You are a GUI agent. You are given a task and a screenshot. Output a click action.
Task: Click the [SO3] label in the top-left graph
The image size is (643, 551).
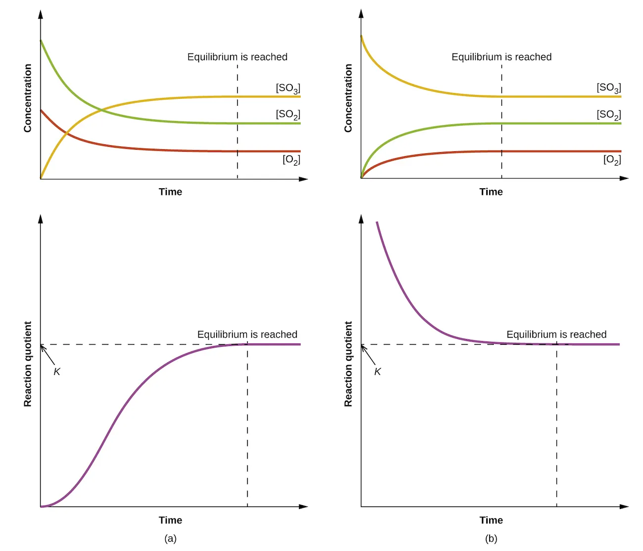point(288,88)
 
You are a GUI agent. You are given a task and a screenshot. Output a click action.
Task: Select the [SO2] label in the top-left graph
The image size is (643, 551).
point(288,115)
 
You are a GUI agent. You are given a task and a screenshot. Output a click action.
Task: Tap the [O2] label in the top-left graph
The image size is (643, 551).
point(291,160)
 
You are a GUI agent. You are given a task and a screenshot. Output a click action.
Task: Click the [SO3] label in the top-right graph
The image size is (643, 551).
point(608,88)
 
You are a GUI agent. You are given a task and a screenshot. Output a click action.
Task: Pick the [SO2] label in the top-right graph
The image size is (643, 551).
point(608,115)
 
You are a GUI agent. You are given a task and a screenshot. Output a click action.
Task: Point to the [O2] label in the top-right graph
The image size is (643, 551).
point(612,160)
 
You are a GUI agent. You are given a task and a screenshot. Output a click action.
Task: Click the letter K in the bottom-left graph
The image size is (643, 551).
point(57,372)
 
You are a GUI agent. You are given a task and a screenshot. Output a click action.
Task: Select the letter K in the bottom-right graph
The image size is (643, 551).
point(377,372)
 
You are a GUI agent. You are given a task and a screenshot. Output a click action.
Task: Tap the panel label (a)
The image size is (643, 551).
point(170,539)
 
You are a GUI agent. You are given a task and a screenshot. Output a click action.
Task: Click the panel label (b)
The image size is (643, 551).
point(491,539)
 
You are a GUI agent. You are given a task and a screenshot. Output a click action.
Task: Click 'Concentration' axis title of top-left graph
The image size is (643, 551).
point(28,98)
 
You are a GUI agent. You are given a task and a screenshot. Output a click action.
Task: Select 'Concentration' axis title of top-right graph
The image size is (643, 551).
point(348,98)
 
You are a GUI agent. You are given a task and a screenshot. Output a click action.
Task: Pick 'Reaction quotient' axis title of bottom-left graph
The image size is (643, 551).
point(28,364)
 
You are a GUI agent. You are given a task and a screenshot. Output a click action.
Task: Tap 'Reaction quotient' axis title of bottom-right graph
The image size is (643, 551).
point(348,364)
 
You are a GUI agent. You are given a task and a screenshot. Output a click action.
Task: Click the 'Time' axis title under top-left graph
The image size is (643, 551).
point(170,192)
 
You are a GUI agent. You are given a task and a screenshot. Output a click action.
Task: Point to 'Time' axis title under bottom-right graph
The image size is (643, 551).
point(491,520)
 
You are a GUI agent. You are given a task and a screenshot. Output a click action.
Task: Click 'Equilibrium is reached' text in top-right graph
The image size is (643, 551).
point(501,57)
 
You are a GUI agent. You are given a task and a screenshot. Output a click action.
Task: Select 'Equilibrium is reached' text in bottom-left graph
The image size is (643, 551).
point(247,335)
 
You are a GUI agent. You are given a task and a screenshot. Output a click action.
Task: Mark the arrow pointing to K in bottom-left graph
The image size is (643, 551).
point(47,354)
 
